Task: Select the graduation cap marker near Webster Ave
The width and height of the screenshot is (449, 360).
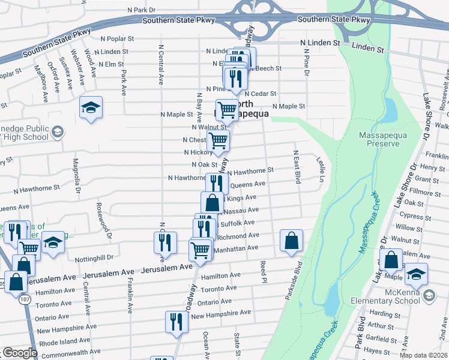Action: click(91, 109)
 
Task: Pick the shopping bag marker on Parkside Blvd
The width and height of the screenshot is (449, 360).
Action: click(291, 241)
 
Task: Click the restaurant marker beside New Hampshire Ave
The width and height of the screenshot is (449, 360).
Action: click(176, 322)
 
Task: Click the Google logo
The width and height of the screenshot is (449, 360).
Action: click(20, 353)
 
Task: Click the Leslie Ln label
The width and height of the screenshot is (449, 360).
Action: click(321, 169)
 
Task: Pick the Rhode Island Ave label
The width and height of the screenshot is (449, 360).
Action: click(66, 341)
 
